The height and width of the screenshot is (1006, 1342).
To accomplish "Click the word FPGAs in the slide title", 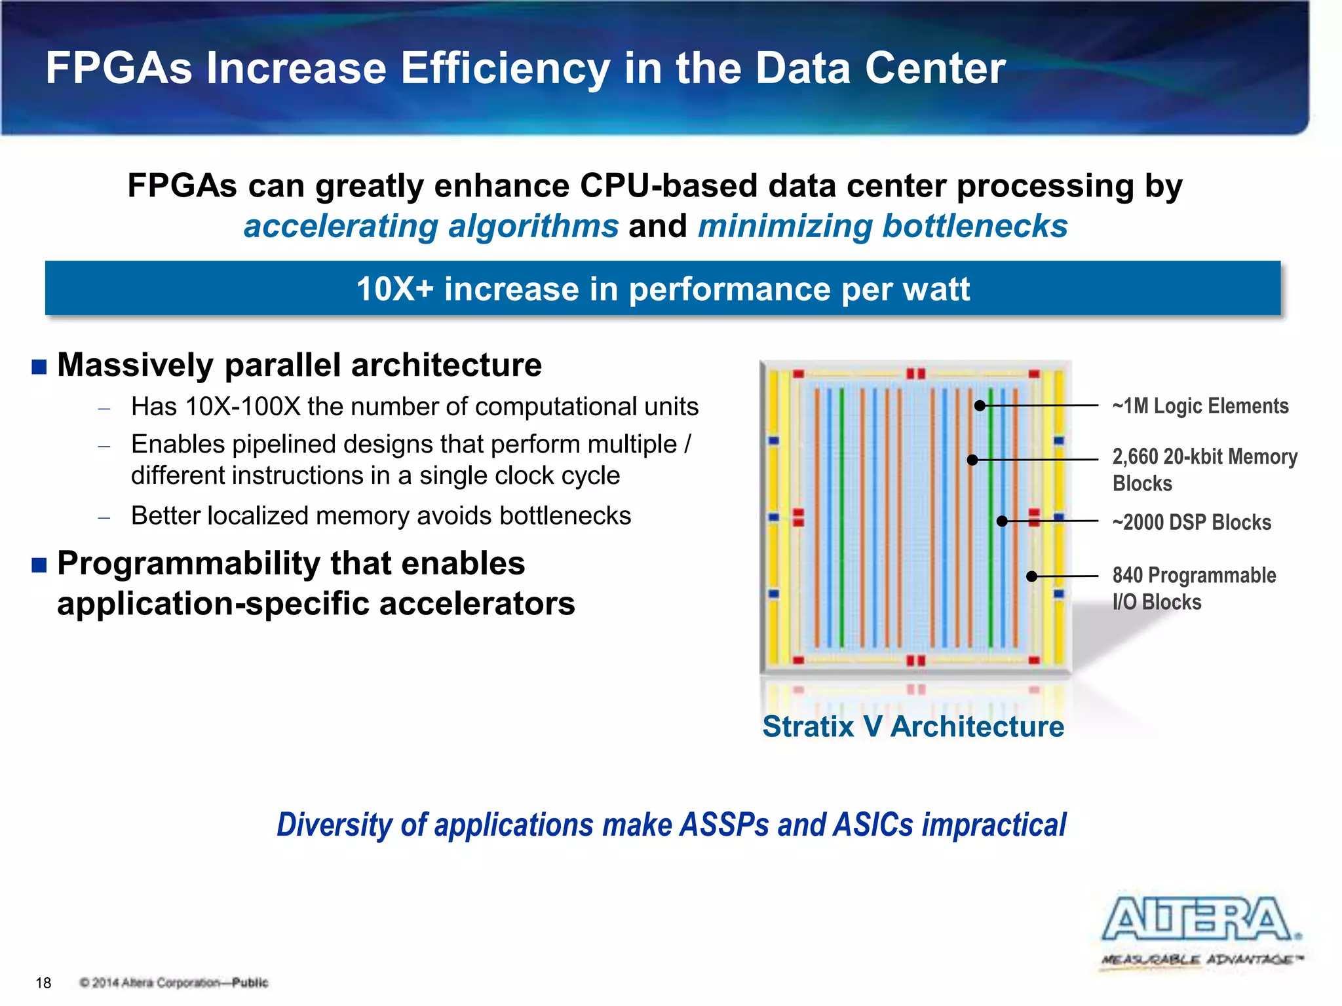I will coord(119,68).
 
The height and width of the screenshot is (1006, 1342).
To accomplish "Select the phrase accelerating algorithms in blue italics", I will coord(431,227).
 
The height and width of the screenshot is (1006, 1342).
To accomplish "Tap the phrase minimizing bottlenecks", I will coord(882,227).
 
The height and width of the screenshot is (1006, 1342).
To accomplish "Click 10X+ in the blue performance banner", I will coord(394,289).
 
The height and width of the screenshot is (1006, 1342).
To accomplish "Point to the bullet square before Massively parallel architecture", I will coord(39,367).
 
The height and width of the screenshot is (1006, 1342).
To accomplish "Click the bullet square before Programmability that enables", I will coord(39,565).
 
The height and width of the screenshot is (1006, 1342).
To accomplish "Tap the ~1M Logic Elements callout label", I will coord(1200,406).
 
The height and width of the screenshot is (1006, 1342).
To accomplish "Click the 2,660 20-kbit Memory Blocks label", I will coord(1204,469).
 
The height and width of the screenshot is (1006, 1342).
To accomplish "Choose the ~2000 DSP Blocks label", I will coord(1191,522).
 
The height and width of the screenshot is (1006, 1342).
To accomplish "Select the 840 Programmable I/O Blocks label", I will coord(1193,588).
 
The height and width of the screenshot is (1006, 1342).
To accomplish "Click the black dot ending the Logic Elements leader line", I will coord(980,406).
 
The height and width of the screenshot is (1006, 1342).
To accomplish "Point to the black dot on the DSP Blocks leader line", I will coord(1002,521).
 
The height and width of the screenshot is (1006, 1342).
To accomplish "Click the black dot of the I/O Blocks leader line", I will coord(1031,576).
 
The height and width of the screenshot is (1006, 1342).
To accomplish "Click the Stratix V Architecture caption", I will coord(913,726).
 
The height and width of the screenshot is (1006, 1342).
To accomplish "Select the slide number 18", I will coord(43,982).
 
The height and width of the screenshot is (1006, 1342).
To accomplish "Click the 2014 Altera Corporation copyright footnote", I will coord(174,982).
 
